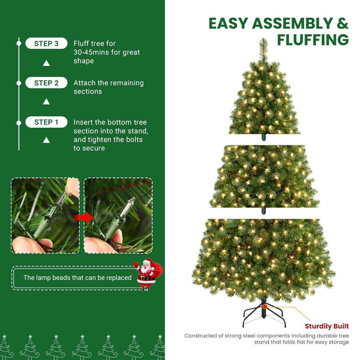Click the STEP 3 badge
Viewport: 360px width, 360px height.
coord(46,44)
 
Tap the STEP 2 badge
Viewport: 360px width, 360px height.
coord(46,83)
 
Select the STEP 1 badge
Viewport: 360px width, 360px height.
coord(46,122)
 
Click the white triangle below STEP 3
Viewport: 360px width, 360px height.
coord(46,63)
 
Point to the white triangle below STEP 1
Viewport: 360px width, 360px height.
coord(46,140)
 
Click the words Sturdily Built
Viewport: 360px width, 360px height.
coord(327,326)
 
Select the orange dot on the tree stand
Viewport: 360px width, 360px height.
coord(264,307)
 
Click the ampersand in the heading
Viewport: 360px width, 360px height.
coord(342,24)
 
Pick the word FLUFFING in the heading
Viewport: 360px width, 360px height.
coord(313,40)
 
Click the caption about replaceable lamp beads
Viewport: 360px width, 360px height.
coord(77,278)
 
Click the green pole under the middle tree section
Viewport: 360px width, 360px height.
coord(264,211)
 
